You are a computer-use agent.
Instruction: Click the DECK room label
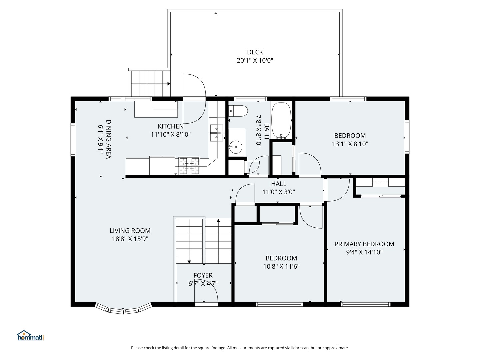pyautogui.click(x=255, y=52)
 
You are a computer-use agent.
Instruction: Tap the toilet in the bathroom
pyautogui.click(x=238, y=111)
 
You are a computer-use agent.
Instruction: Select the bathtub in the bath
pyautogui.click(x=281, y=120)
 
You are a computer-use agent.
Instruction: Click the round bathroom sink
pyautogui.click(x=236, y=147)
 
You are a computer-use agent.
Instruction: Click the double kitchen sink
pyautogui.click(x=217, y=133)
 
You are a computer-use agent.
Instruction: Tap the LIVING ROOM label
pyautogui.click(x=130, y=231)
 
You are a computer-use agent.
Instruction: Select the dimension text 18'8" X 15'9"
pyautogui.click(x=130, y=239)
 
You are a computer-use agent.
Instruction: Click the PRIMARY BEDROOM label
pyautogui.click(x=364, y=244)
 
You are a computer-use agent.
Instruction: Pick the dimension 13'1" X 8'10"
pyautogui.click(x=350, y=144)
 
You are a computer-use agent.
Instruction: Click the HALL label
pyautogui.click(x=279, y=184)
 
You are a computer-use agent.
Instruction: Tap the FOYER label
pyautogui.click(x=203, y=275)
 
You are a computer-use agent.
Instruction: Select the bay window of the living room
pyautogui.click(x=123, y=309)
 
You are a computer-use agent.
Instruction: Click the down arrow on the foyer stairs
pyautogui.click(x=189, y=261)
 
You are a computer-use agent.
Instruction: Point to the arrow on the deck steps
pyautogui.click(x=169, y=84)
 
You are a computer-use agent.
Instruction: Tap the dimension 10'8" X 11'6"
pyautogui.click(x=281, y=266)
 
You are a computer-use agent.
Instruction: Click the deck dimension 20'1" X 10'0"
pyautogui.click(x=255, y=60)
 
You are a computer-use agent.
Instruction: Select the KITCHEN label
pyautogui.click(x=171, y=126)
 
